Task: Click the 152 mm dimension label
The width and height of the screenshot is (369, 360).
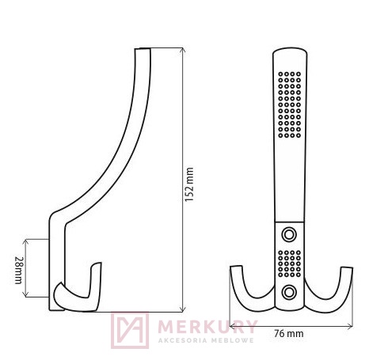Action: click(189, 181)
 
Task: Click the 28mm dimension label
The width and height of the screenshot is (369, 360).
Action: click(18, 267)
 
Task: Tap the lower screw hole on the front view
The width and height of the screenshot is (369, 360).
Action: click(290, 291)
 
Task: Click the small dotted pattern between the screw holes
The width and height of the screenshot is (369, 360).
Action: click(290, 263)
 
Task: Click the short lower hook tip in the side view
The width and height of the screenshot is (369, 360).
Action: click(97, 269)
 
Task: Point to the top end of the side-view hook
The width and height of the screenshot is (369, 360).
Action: click(140, 52)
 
